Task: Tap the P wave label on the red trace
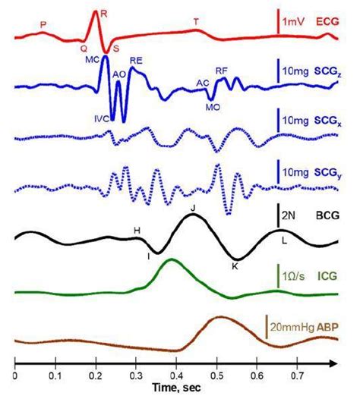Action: (43, 25)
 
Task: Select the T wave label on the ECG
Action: (196, 23)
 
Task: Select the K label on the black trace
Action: (235, 266)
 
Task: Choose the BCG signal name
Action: (327, 215)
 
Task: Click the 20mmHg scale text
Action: (294, 326)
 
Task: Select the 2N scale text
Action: (289, 215)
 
